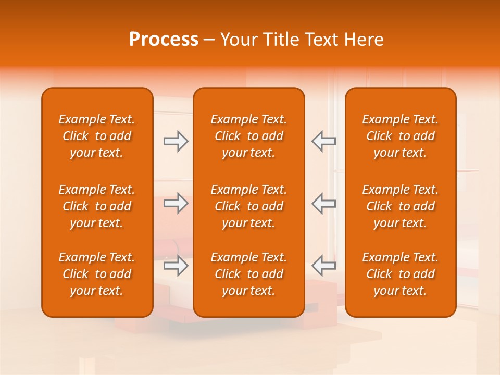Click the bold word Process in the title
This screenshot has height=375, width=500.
(x=164, y=40)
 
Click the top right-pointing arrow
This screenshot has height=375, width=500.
(x=176, y=141)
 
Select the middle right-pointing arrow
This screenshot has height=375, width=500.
(x=176, y=203)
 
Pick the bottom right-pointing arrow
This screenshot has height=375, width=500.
(x=176, y=265)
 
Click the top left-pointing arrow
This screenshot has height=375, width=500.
(x=323, y=141)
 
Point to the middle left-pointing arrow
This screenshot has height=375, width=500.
(x=323, y=203)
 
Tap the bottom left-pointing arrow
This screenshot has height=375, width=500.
(x=323, y=265)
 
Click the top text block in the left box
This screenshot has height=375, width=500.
(x=97, y=136)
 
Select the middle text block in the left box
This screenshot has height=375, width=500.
(x=97, y=206)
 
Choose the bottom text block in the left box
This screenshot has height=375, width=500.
(x=97, y=274)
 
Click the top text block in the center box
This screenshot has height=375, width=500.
(x=249, y=136)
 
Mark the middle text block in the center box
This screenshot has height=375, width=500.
(x=249, y=206)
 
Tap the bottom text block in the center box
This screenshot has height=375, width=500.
(x=249, y=274)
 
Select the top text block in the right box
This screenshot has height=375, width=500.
(x=401, y=136)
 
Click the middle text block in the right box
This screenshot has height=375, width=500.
(x=401, y=206)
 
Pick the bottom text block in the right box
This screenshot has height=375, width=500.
(x=401, y=274)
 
